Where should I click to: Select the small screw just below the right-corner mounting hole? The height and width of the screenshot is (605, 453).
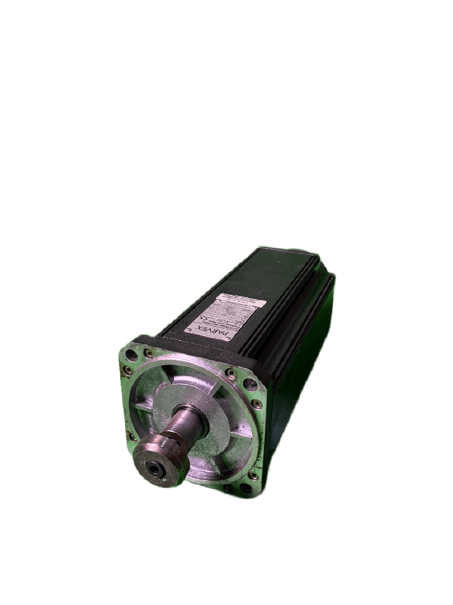click(257, 404)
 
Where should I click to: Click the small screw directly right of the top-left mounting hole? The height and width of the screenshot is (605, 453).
click(149, 354)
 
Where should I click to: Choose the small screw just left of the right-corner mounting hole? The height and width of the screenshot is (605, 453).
click(230, 373)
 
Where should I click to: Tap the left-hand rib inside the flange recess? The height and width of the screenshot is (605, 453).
click(142, 408)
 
